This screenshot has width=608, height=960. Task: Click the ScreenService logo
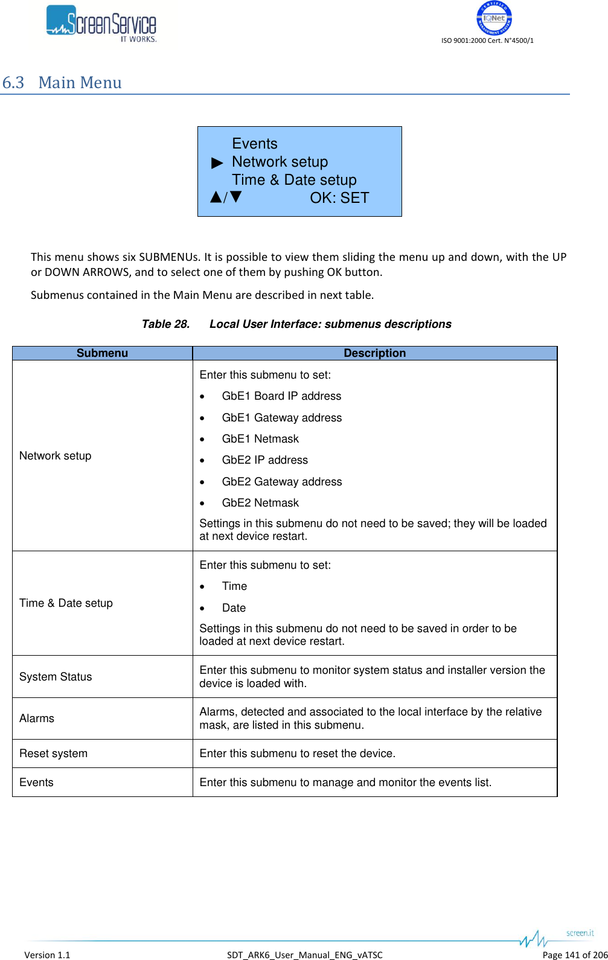pyautogui.click(x=101, y=24)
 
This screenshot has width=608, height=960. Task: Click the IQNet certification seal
pyautogui.click(x=494, y=18)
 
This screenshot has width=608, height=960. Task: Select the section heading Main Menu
pyautogui.click(x=80, y=83)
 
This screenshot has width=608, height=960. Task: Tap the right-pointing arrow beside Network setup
pyautogui.click(x=217, y=163)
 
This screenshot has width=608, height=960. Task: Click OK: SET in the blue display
pyautogui.click(x=339, y=198)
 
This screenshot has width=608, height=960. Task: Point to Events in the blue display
pyautogui.click(x=254, y=144)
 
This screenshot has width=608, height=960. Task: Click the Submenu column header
pyautogui.click(x=102, y=353)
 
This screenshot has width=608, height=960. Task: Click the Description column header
pyautogui.click(x=374, y=353)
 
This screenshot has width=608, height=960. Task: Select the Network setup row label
pyautogui.click(x=56, y=456)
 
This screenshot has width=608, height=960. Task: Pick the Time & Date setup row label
pyautogui.click(x=66, y=603)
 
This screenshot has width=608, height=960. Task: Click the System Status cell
pyautogui.click(x=56, y=677)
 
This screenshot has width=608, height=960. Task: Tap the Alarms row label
pyautogui.click(x=37, y=718)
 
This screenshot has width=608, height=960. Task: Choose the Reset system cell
pyautogui.click(x=53, y=754)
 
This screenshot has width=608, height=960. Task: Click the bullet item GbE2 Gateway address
pyautogui.click(x=281, y=482)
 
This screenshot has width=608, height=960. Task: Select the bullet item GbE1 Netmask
pyautogui.click(x=260, y=439)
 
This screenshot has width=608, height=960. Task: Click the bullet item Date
pyautogui.click(x=234, y=608)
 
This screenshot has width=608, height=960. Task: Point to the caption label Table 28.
pyautogui.click(x=165, y=324)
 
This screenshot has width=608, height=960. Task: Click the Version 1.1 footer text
pyautogui.click(x=47, y=955)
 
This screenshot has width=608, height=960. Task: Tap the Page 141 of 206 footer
pyautogui.click(x=574, y=955)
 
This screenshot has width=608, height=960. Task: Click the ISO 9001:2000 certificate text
pyautogui.click(x=487, y=40)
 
